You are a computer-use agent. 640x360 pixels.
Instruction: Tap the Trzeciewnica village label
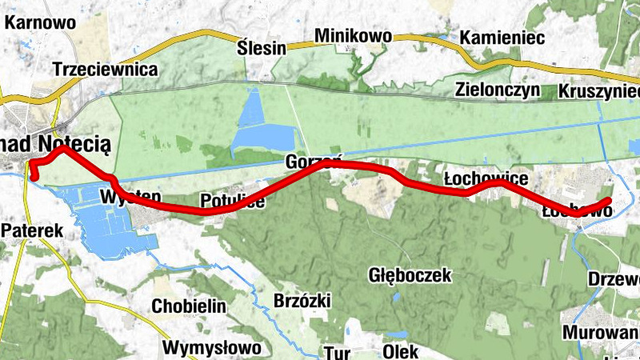tap(105, 70)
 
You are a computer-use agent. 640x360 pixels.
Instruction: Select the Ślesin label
tap(262, 47)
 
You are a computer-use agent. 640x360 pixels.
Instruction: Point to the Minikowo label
tap(353, 36)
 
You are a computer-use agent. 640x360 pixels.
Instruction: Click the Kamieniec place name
tap(502, 38)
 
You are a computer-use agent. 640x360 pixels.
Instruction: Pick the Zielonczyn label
tap(498, 89)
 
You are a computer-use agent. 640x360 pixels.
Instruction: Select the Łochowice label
tap(485, 177)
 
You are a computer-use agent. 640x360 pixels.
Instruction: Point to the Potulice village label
tap(232, 201)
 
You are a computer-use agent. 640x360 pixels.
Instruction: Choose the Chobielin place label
tap(189, 306)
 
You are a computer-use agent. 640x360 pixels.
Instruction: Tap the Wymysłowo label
tap(211, 348)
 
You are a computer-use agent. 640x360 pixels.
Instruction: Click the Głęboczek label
tap(410, 275)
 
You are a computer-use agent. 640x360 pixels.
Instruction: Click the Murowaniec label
tap(602, 333)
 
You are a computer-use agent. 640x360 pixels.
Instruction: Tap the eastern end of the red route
tap(609, 201)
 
